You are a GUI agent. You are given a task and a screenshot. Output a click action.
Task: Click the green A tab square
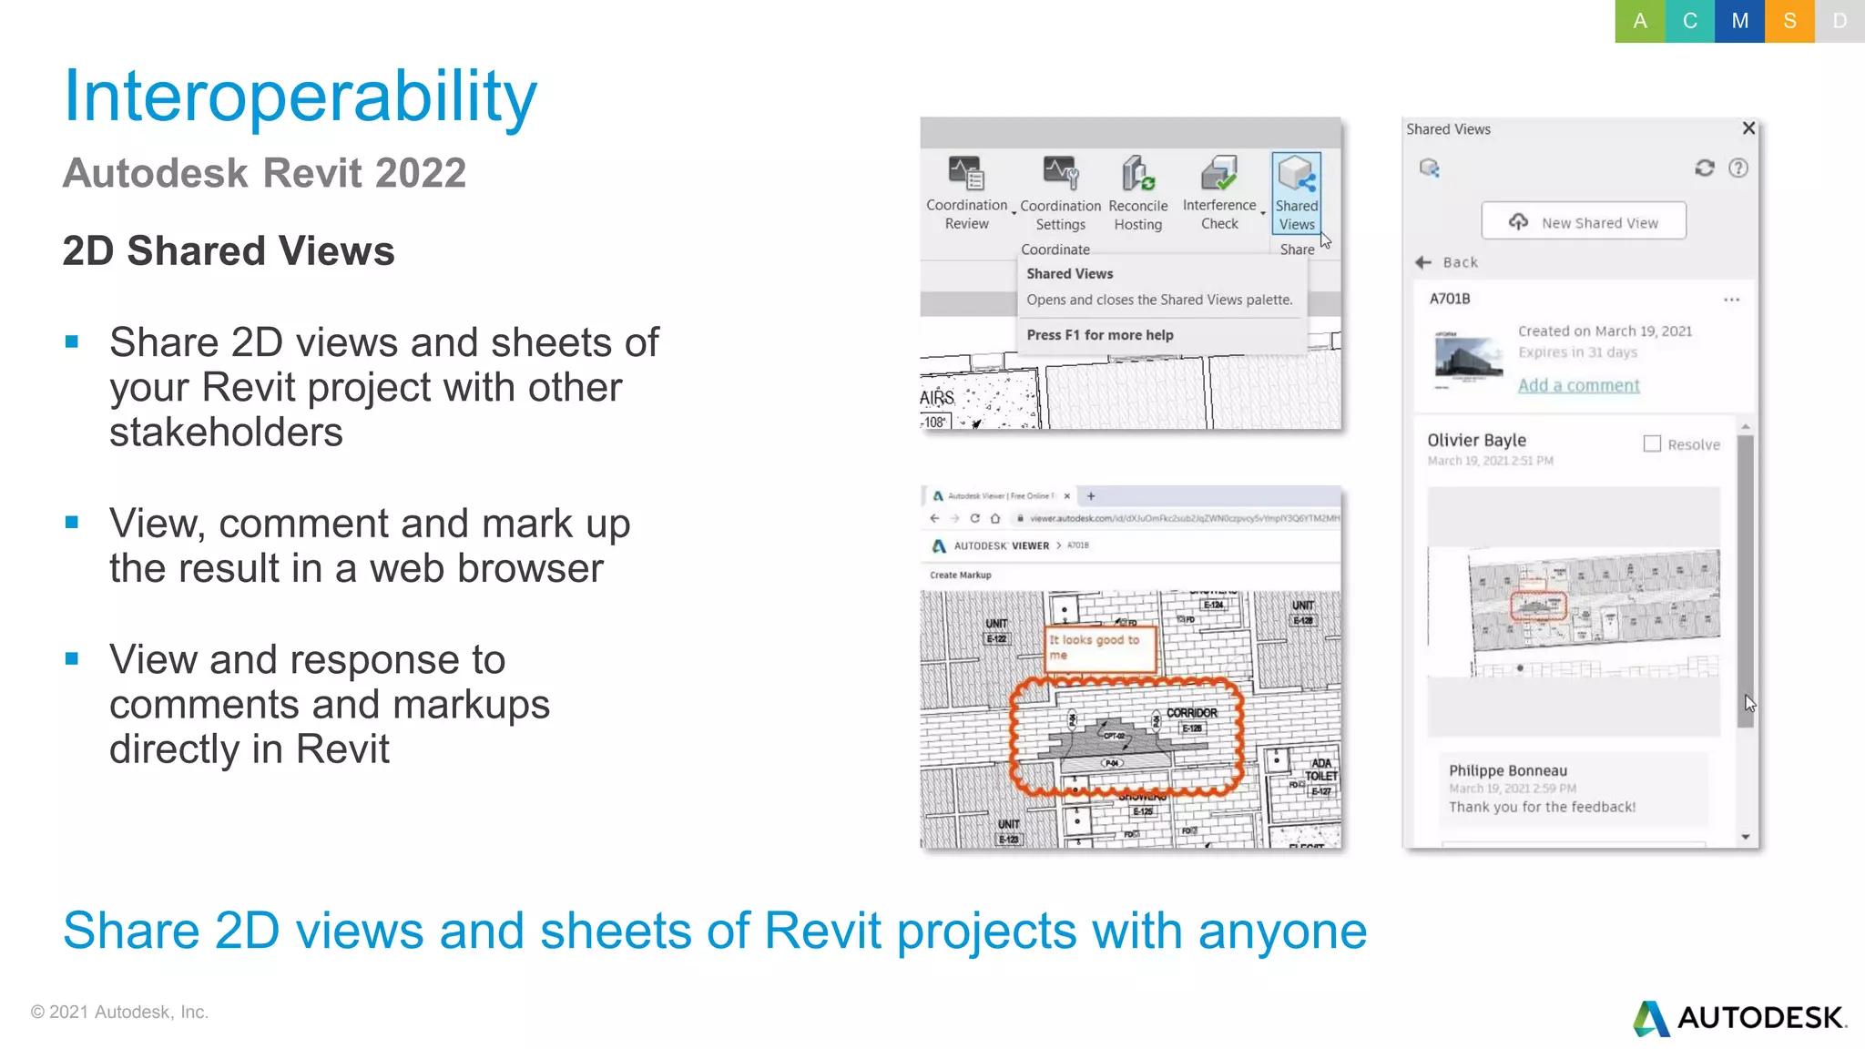coord(1639,21)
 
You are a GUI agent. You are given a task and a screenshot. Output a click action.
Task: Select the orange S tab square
coord(1789,21)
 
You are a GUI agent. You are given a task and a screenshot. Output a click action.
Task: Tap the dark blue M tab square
coord(1739,21)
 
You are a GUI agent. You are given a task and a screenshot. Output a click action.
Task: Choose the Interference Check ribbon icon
coord(1219,173)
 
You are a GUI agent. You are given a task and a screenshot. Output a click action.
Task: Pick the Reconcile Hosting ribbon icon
coord(1137,173)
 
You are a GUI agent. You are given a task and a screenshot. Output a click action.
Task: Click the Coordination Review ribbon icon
coord(965,173)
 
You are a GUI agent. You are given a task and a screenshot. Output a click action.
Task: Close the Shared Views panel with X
coord(1748,128)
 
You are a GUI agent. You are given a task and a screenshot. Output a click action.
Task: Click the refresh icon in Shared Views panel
coord(1704,168)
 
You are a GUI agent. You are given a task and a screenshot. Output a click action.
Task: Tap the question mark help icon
coord(1738,168)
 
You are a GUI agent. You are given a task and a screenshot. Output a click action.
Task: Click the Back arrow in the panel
coord(1424,262)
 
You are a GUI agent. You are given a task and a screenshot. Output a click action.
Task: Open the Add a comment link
coord(1578,385)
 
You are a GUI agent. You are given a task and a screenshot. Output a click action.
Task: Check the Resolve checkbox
coord(1652,443)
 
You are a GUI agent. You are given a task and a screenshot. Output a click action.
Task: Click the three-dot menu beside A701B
coord(1731,300)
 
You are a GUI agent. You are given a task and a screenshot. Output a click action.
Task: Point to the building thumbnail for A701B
coord(1468,357)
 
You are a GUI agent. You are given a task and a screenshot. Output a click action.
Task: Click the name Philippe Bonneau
coord(1507,770)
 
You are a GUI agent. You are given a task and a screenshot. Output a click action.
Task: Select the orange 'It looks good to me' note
coord(1100,647)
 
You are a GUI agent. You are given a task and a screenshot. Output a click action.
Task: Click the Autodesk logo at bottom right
coord(1739,1017)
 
